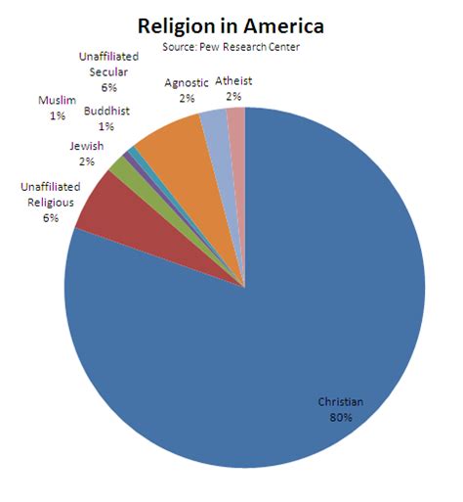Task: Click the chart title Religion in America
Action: click(231, 25)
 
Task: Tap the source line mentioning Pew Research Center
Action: click(231, 47)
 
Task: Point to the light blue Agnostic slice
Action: click(215, 127)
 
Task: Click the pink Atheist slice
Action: click(236, 122)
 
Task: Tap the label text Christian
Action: click(339, 402)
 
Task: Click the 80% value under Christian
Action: click(339, 417)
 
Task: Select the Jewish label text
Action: click(87, 147)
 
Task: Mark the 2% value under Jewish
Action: click(87, 161)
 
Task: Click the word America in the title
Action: click(282, 25)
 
